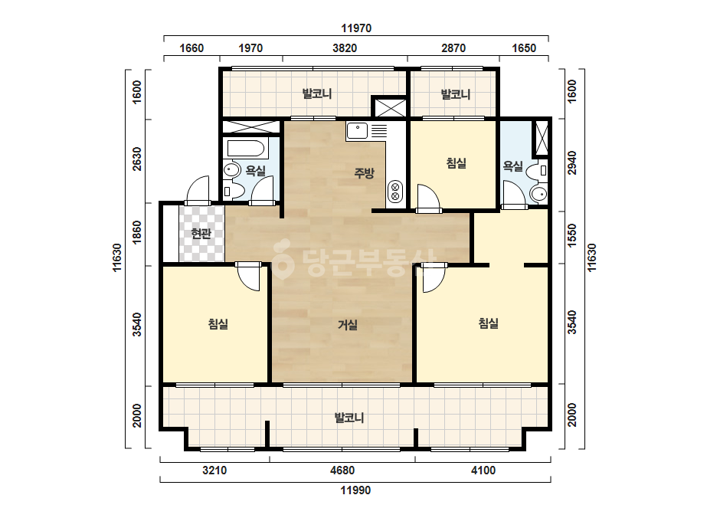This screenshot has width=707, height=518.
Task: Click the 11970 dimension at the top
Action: [356, 28]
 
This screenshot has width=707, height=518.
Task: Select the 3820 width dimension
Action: [345, 48]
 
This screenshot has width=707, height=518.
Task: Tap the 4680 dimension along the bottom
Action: [342, 470]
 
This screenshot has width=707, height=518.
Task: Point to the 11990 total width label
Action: [355, 490]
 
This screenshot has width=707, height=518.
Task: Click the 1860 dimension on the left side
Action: [136, 232]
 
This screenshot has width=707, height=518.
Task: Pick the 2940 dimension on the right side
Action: [571, 163]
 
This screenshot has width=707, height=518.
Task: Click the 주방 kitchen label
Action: [364, 173]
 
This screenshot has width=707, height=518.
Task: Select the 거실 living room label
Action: [348, 324]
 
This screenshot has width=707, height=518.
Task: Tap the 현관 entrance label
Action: [201, 234]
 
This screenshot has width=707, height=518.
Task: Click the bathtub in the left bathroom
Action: [246, 149]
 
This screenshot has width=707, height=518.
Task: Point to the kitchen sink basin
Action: [357, 131]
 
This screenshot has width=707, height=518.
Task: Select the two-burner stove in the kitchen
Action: [395, 191]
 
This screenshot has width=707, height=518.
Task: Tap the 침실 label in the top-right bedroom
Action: [457, 163]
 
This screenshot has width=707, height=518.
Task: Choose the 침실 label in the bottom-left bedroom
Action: [218, 323]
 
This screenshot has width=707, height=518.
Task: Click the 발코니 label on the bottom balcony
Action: [349, 418]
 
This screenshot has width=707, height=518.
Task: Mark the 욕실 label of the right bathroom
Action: [512, 166]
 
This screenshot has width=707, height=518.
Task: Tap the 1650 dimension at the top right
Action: [524, 48]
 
